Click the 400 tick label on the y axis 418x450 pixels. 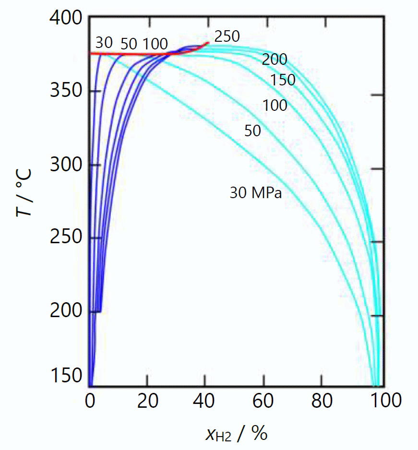[x=66, y=19]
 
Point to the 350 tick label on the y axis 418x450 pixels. [x=66, y=91]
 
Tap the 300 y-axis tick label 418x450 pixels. [x=66, y=166]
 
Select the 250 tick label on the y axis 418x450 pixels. [x=66, y=238]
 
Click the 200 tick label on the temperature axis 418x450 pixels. [x=66, y=311]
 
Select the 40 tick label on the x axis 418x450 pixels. [x=205, y=400]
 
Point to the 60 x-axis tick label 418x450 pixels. [x=263, y=400]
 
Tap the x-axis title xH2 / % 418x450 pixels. [x=236, y=434]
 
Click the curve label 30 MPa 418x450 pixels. [x=255, y=193]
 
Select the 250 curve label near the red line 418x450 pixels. [x=227, y=36]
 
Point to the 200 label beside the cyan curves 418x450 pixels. [x=275, y=59]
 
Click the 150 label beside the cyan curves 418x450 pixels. [x=283, y=80]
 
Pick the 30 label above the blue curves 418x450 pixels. [x=104, y=43]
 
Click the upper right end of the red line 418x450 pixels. [x=208, y=43]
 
